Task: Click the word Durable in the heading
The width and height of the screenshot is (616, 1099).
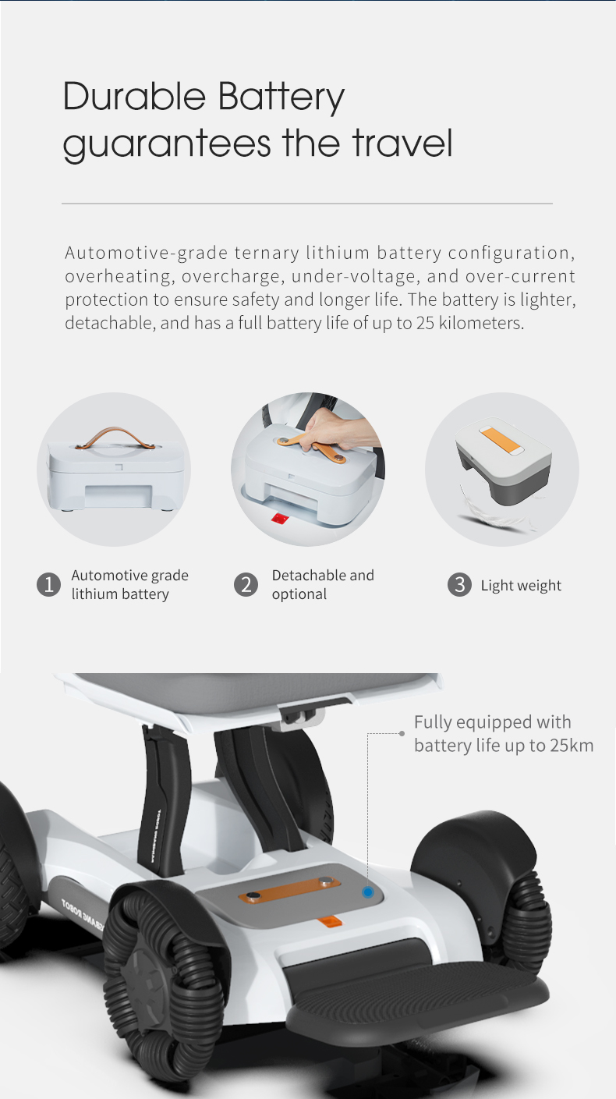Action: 133,97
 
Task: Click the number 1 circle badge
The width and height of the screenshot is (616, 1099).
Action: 48,584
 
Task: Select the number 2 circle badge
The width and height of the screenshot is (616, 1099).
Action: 246,584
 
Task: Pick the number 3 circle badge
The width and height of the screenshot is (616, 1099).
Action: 459,584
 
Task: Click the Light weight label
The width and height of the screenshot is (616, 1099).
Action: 520,586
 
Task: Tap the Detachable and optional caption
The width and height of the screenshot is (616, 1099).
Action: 323,584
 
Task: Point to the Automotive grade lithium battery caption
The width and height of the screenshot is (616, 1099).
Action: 129,584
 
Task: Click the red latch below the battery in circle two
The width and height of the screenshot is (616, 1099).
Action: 278,519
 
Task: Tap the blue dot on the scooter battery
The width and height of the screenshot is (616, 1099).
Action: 368,892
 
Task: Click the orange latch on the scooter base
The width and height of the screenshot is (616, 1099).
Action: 329,922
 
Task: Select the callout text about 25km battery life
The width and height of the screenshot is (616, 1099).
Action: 503,733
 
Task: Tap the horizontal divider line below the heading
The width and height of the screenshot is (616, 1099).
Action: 306,204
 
